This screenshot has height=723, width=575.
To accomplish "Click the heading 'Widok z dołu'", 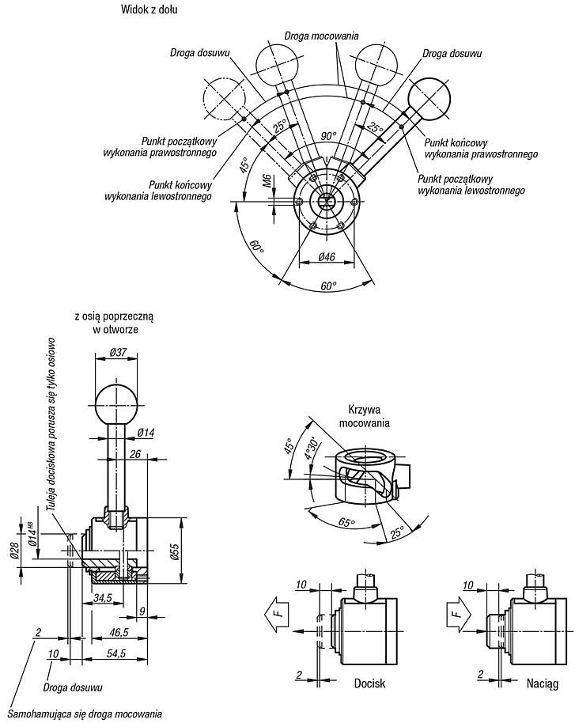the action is [x=149, y=9].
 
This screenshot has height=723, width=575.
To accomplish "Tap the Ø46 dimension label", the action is [x=327, y=257].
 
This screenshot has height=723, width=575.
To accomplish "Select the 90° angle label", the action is [x=328, y=136].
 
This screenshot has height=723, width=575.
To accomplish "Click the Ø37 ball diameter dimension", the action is [x=118, y=352].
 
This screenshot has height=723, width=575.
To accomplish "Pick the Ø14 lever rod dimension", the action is [x=146, y=432].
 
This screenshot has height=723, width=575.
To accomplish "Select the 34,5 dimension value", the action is [x=102, y=597].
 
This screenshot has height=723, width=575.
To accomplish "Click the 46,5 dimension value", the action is [x=119, y=633].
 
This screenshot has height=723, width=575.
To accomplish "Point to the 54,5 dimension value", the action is [x=115, y=653].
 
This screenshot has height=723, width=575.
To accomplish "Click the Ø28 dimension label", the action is [x=14, y=550].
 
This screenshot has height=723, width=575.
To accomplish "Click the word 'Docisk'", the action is [x=369, y=683].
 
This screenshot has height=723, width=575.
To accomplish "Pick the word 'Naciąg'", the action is [x=543, y=683].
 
